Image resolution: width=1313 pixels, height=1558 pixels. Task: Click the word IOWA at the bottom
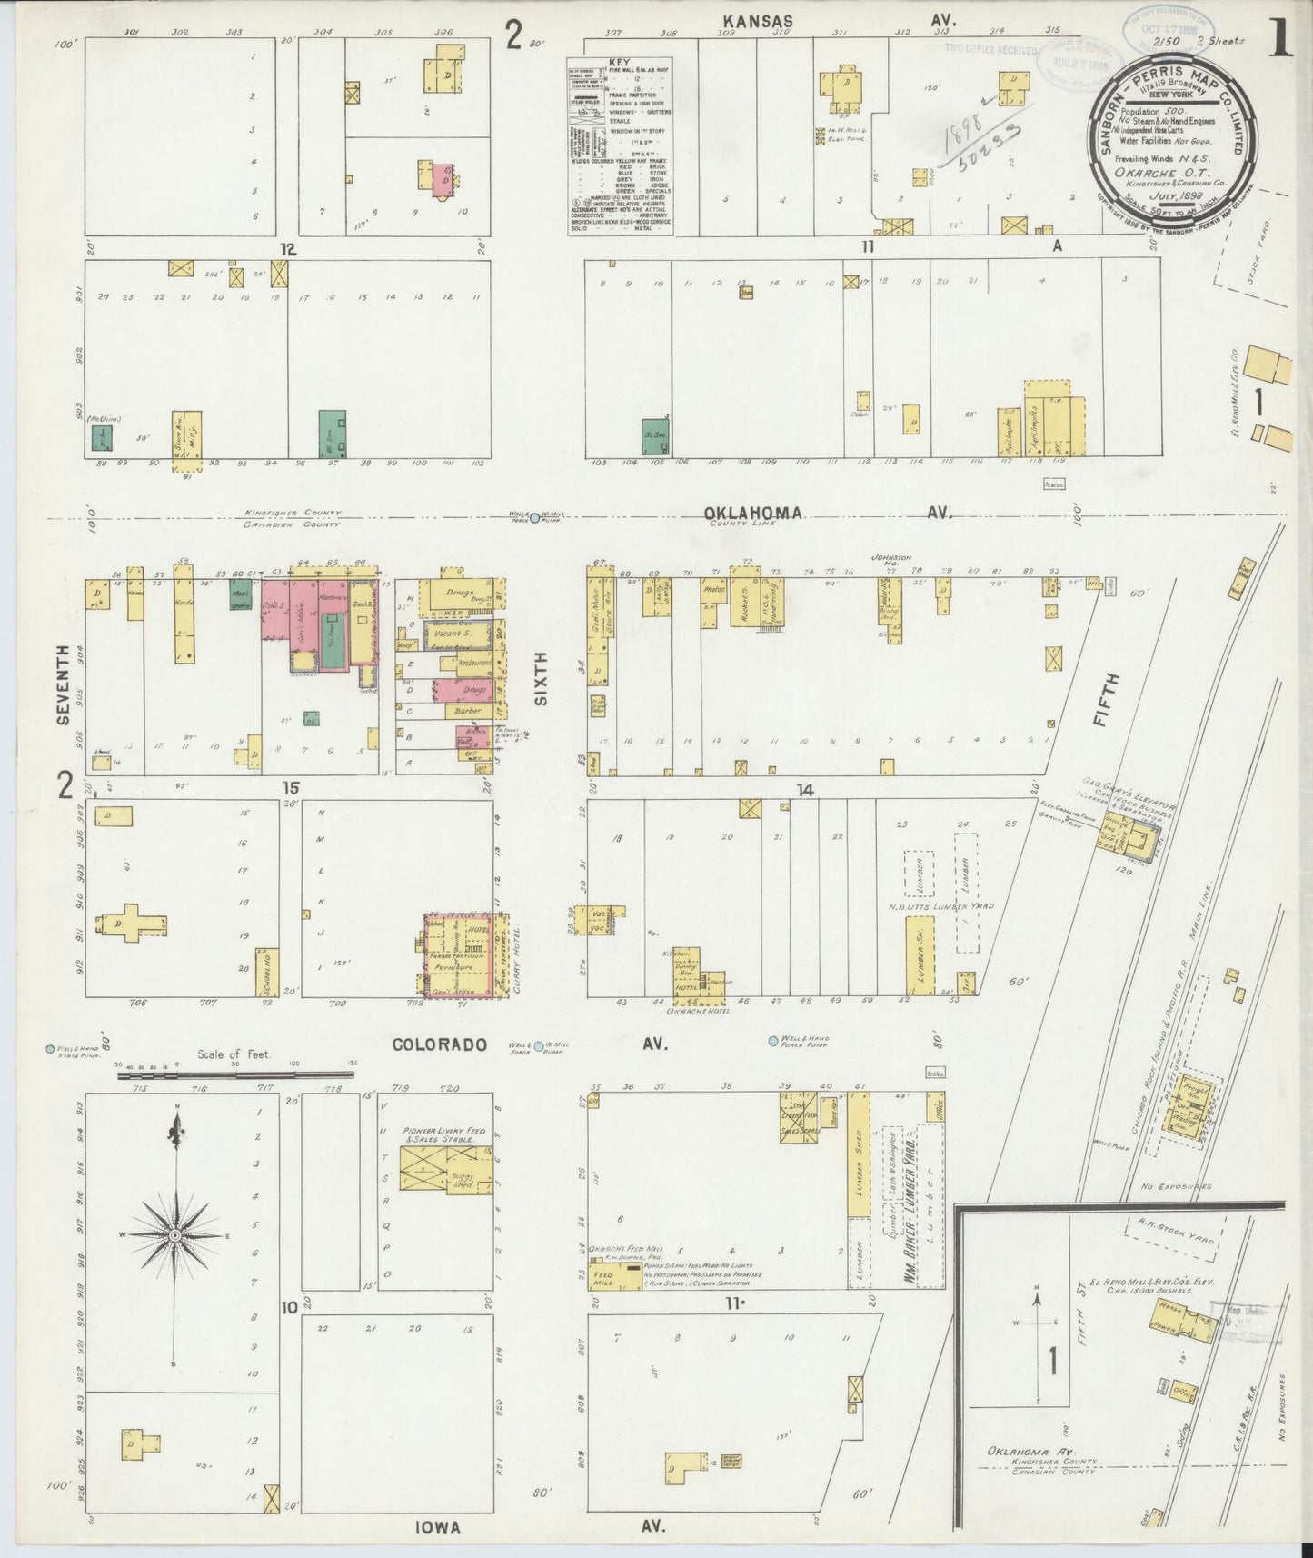pos(438,1527)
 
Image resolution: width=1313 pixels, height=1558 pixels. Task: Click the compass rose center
pos(174,1236)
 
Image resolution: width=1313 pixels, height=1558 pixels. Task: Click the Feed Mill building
pos(604,1274)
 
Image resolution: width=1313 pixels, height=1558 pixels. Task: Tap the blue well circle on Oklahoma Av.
pos(536,514)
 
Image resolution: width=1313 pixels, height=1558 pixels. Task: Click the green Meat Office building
pos(240,595)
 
